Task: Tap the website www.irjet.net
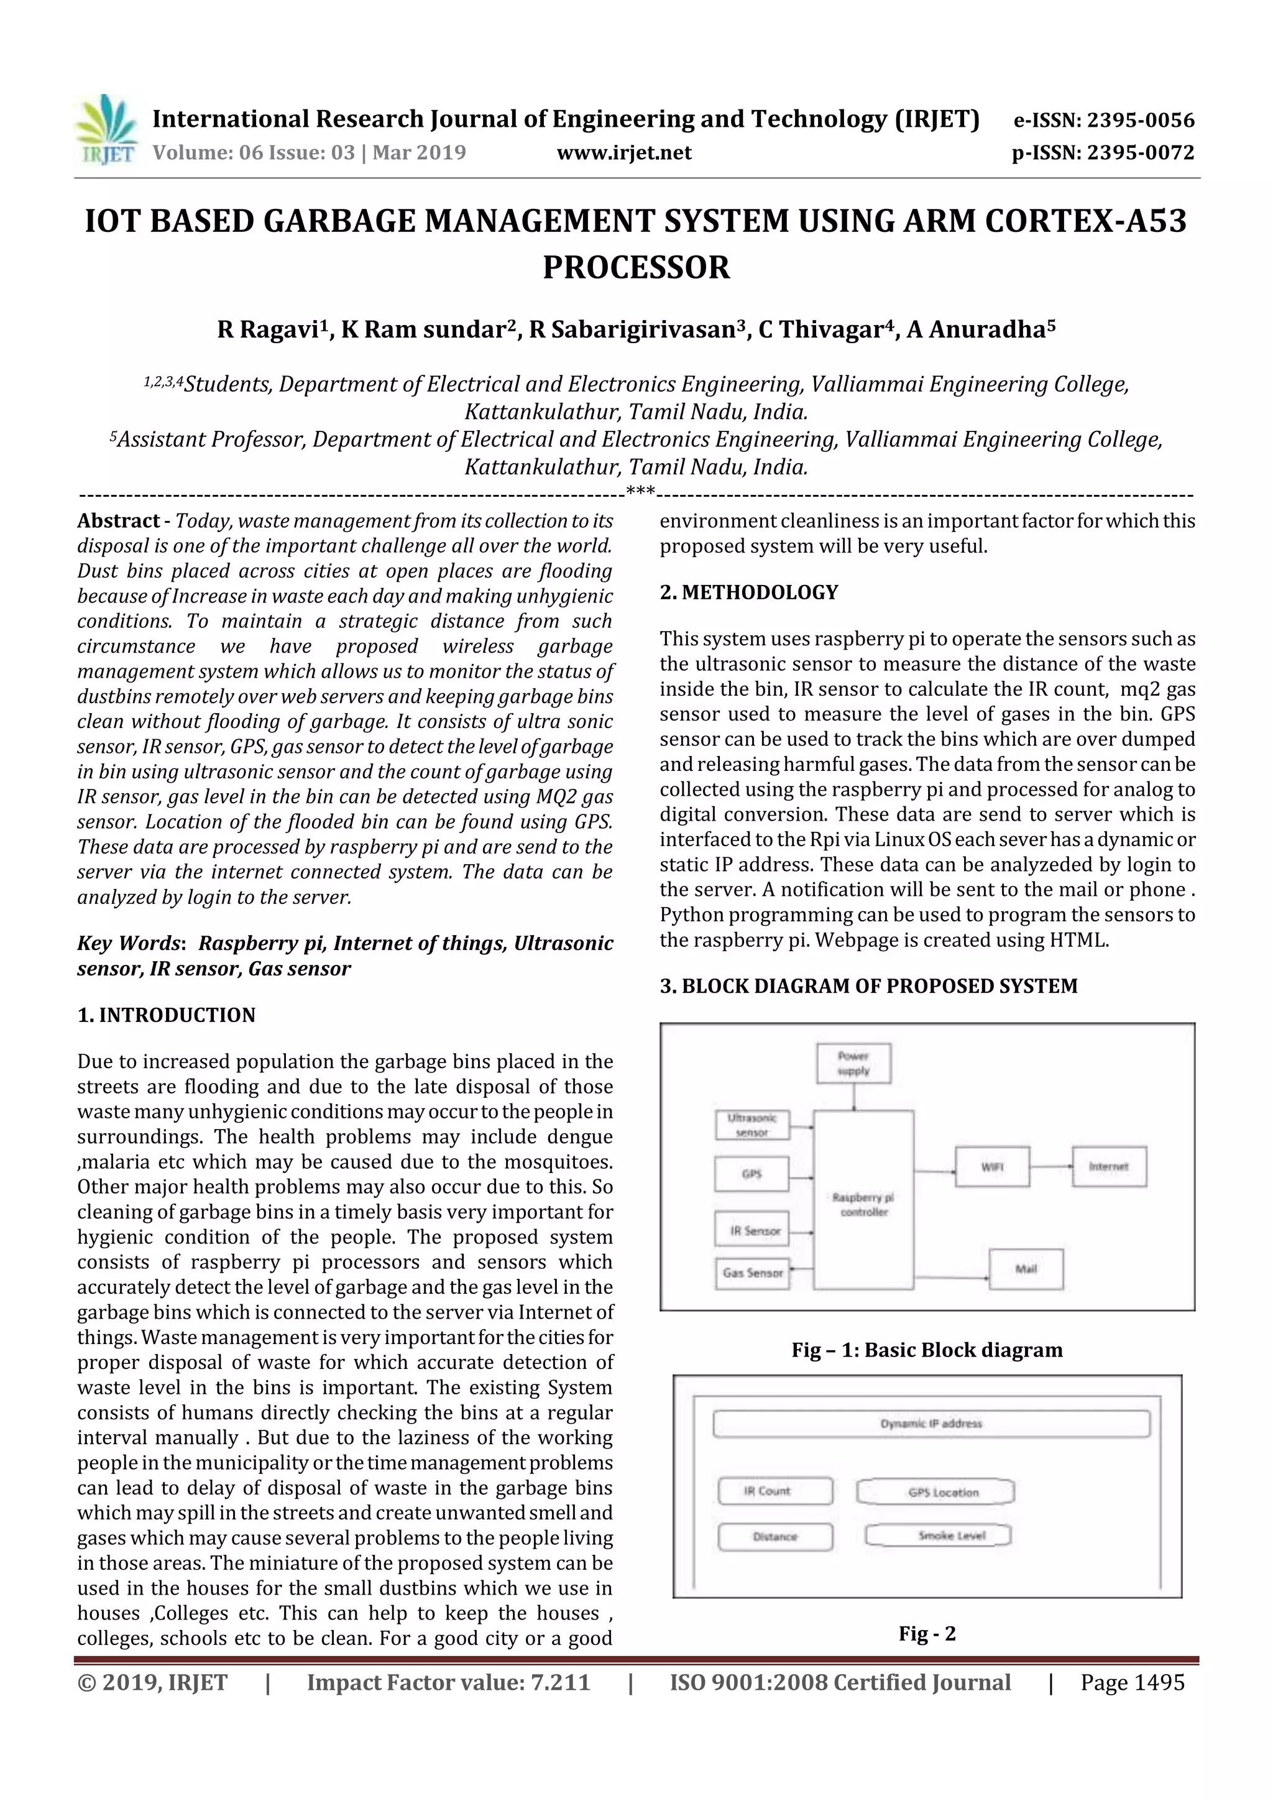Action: (623, 152)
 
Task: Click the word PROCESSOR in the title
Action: (636, 267)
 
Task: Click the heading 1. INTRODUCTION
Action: (167, 1015)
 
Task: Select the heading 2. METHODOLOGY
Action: (748, 592)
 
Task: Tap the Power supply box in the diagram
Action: (853, 1063)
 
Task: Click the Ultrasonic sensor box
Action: (752, 1125)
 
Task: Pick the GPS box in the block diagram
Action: (751, 1174)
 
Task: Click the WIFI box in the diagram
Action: (992, 1166)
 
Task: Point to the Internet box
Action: (1108, 1166)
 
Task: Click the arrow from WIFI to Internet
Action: (1051, 1166)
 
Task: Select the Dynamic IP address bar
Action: (931, 1424)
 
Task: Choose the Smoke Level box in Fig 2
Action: (938, 1535)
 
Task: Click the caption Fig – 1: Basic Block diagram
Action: (927, 1350)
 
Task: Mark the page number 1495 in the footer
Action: (1132, 1682)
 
